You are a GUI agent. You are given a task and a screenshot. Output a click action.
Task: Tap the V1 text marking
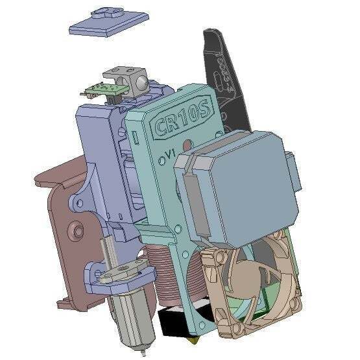coord(170,154)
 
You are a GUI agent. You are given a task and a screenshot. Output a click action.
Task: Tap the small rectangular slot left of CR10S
coord(137,136)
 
